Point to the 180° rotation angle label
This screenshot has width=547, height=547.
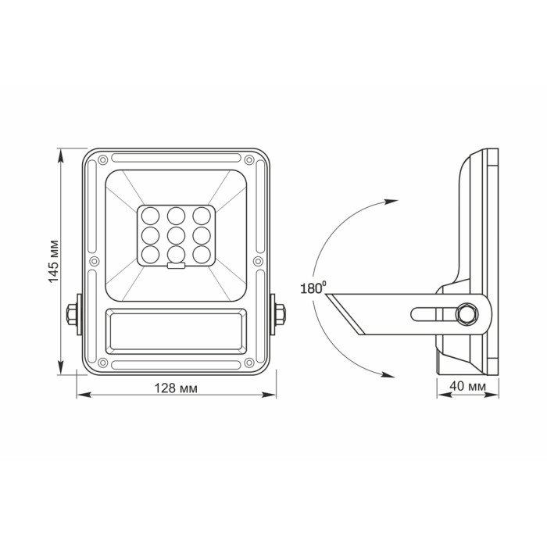(312, 288)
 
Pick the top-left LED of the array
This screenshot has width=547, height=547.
(151, 215)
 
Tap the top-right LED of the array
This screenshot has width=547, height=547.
(202, 215)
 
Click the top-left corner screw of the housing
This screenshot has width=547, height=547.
(103, 160)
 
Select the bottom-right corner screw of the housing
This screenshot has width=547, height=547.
(250, 363)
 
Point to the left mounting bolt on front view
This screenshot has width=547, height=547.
(73, 314)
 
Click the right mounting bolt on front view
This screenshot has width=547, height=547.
(280, 314)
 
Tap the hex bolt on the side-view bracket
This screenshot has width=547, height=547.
(467, 314)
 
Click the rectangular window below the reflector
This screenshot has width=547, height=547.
(177, 331)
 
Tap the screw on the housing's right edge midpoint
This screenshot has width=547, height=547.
(259, 261)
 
